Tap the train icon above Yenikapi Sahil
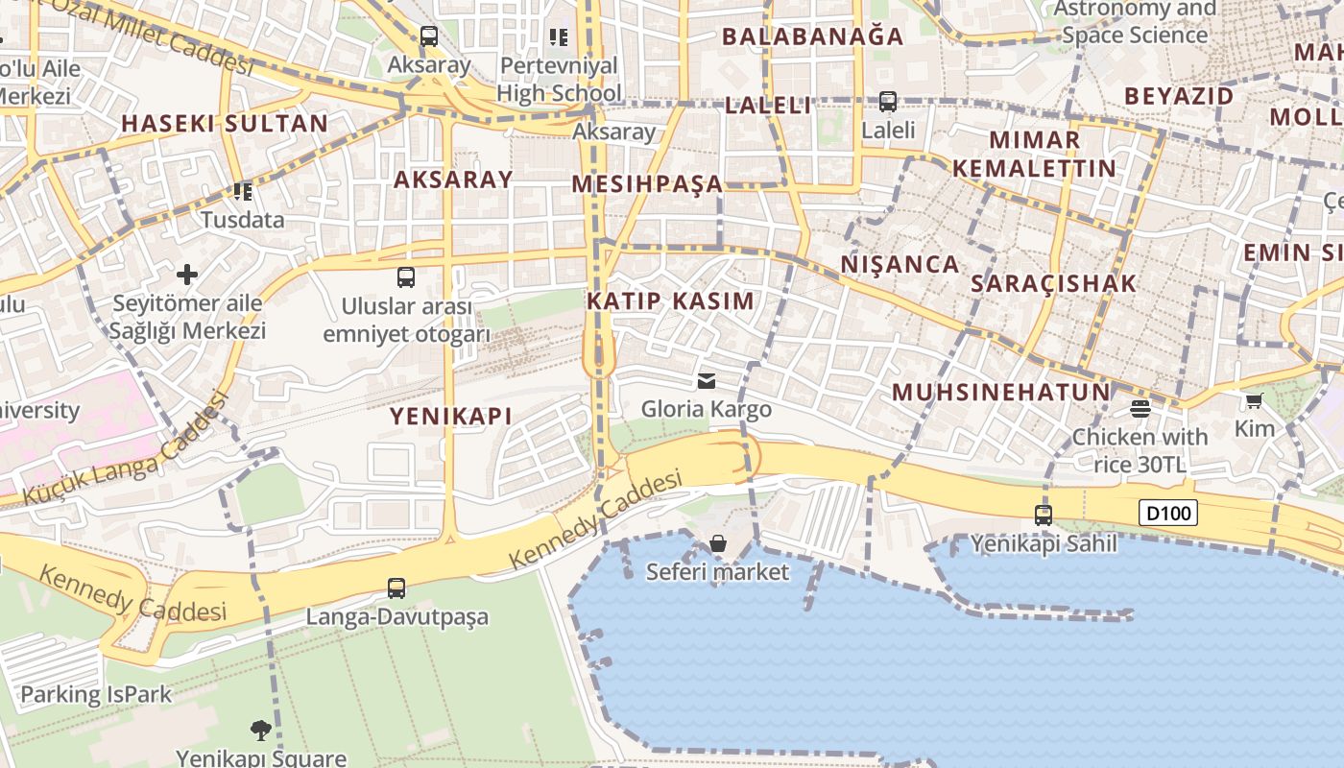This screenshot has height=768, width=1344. coord(1044,515)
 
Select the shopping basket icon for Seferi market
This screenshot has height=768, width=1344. coord(717,543)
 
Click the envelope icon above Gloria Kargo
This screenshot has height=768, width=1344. coord(707,381)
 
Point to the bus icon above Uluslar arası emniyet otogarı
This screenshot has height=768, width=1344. coord(406,277)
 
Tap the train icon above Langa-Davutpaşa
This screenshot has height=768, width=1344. coord(396,588)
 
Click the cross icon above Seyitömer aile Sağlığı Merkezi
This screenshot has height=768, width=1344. coord(187,275)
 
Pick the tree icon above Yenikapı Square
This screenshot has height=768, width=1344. coord(260,731)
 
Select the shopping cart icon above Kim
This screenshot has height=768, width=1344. coord(1254,400)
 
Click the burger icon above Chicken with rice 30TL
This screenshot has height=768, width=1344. coord(1140,409)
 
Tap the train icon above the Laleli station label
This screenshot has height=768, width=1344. coord(888,101)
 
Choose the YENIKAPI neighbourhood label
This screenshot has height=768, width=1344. coord(450,416)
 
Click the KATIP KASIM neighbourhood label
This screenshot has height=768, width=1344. coord(670,300)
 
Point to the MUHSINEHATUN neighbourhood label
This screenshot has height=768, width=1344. coord(1001,392)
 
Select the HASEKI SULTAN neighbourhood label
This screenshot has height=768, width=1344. coord(225,123)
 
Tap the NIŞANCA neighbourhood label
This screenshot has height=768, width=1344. coord(900,264)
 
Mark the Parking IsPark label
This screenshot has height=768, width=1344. coord(96,694)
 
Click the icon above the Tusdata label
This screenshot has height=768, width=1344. coord(243,192)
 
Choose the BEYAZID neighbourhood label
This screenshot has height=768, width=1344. coord(1179,96)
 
